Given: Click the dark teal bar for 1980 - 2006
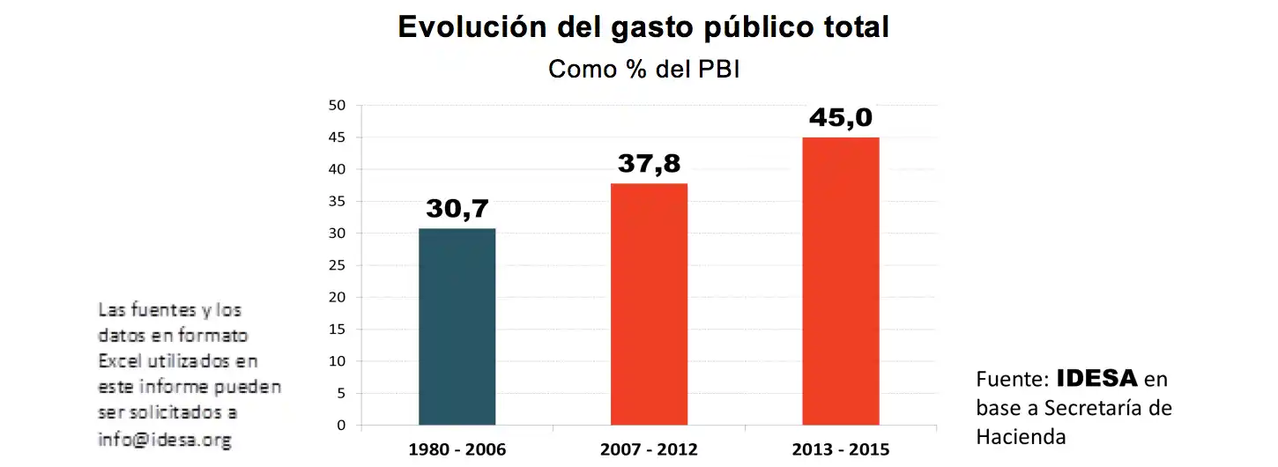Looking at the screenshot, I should pos(457,327).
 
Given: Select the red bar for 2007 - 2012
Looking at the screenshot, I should pos(649,304).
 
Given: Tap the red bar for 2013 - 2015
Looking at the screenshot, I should pos(840,281).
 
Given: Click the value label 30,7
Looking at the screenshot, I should pos(457,209).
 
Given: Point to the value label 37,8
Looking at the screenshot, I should pos(649,164).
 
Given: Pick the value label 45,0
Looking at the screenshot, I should pos(840,117).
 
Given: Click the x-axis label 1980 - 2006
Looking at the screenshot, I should pos(457,449).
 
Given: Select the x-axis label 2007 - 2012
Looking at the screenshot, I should pos(649,449).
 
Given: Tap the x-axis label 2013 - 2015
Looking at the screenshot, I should pos(840,449).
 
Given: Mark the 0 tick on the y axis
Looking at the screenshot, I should pos(342,426).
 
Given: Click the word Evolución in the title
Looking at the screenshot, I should pos(468,26).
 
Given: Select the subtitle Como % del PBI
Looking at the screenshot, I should pos(643,69).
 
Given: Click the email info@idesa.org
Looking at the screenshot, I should pos(164,438).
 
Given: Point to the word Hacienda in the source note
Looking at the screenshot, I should pos(1021,436).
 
